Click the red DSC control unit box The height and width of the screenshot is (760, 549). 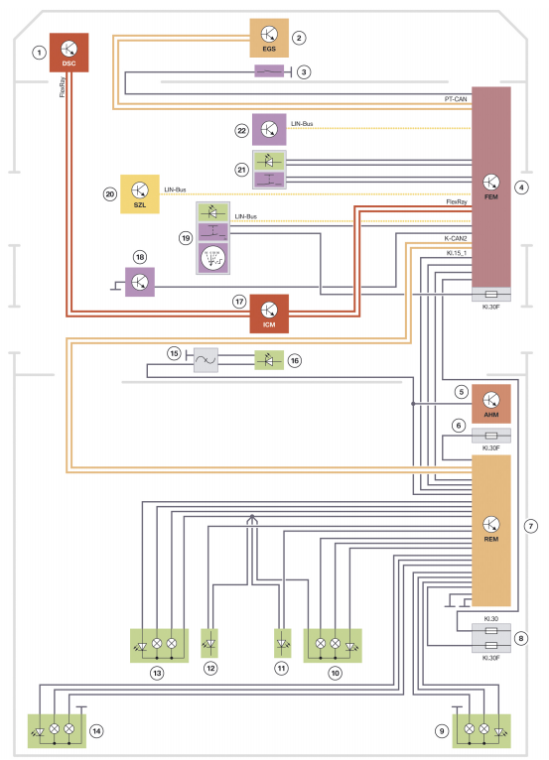[x=69, y=53]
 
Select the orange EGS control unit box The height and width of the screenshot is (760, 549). [x=269, y=38]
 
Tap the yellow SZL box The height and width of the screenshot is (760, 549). [x=140, y=193]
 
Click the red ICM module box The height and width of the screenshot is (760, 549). [x=269, y=314]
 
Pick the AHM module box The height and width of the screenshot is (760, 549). [x=491, y=404]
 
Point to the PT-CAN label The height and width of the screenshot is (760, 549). [x=456, y=99]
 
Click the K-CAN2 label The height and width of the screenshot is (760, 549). [x=456, y=238]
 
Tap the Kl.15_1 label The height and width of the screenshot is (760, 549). [x=457, y=253]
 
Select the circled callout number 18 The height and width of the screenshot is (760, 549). [x=140, y=257]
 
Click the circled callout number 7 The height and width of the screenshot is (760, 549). [x=531, y=526]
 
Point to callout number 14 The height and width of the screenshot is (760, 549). [x=97, y=731]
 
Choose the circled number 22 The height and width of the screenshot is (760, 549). [x=241, y=130]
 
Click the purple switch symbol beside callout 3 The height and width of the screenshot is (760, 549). [x=269, y=71]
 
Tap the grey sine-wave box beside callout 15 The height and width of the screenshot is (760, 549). [x=206, y=360]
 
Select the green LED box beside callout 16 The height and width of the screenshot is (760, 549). [x=269, y=360]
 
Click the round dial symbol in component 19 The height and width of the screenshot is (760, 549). [x=212, y=258]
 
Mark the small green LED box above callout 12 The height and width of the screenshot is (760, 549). [x=209, y=643]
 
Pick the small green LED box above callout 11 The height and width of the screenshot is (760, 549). [x=283, y=643]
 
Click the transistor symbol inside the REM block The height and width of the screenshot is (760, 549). [x=491, y=524]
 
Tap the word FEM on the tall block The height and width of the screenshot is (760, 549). [x=491, y=196]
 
